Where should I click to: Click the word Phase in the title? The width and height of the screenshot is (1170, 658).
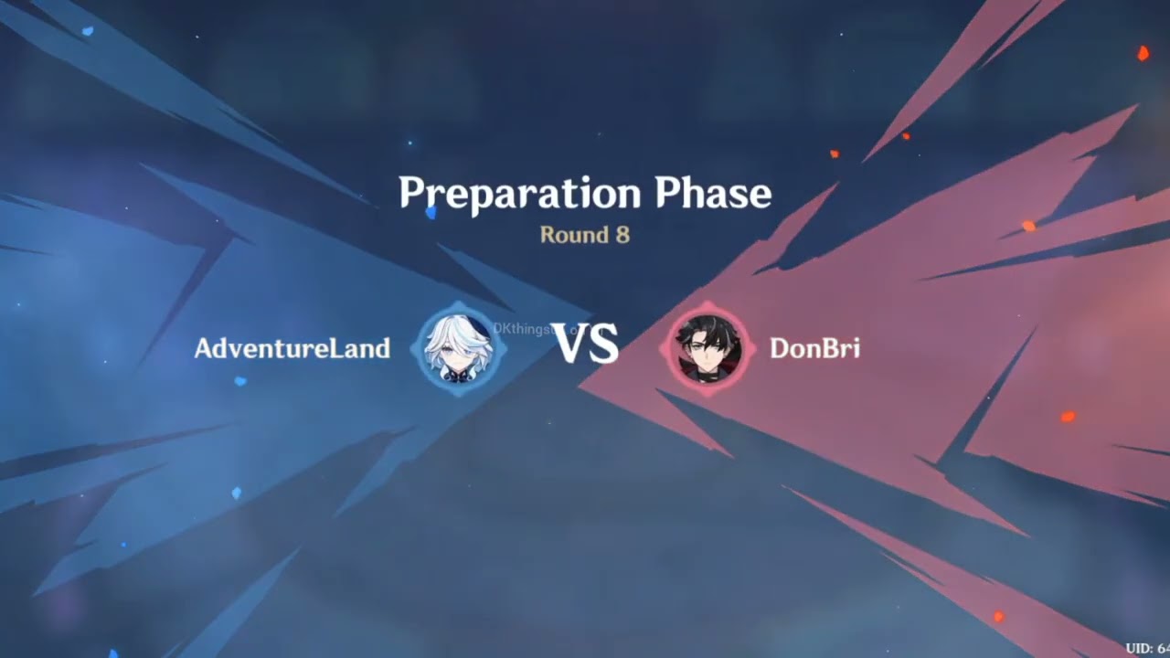[713, 194]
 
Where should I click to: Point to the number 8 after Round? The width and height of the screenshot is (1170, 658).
[622, 235]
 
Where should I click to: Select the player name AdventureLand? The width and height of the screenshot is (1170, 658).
[292, 348]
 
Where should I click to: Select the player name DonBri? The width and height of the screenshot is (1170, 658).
[814, 348]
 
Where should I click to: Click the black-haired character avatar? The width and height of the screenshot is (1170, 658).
[708, 348]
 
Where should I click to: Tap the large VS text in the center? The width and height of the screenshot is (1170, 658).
[586, 345]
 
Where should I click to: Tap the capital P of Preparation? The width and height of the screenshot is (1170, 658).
[411, 194]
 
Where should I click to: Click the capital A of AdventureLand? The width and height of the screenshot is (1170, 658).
[204, 348]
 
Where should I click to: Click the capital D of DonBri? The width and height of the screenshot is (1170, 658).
[780, 348]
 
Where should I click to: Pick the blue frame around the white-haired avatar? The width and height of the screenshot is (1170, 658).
[423, 348]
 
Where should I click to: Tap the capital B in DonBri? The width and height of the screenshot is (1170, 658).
[827, 348]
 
